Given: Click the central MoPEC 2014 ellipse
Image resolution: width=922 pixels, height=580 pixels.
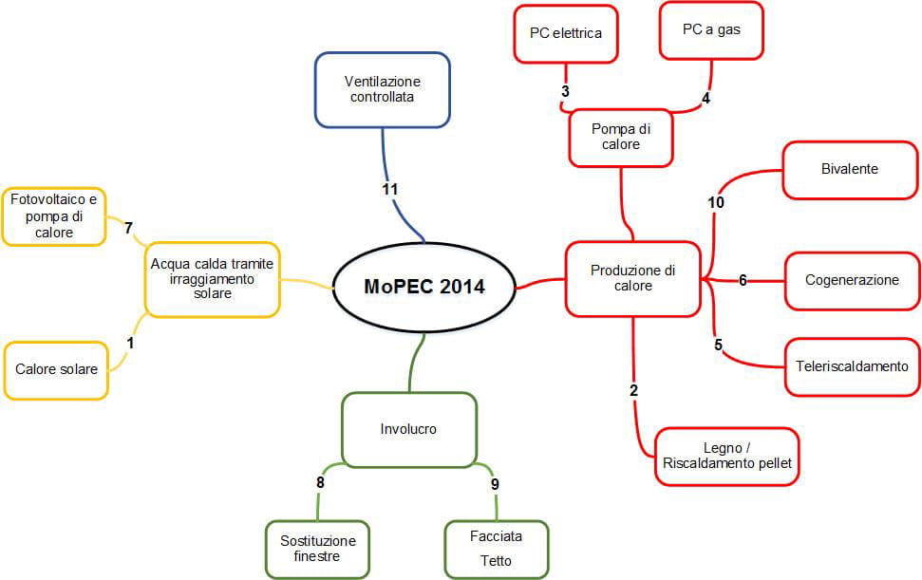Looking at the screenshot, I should (423, 286).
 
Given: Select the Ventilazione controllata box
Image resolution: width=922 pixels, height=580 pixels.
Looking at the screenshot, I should (382, 89).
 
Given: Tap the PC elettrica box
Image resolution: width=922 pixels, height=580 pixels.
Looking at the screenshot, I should (566, 33).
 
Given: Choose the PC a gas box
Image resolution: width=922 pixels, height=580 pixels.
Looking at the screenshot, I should (711, 29).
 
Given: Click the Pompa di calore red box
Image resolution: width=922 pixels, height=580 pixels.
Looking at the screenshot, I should (621, 137).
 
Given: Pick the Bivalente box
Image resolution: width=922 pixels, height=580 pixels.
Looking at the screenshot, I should (849, 170).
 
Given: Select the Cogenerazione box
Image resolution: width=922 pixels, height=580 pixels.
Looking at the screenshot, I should (852, 280).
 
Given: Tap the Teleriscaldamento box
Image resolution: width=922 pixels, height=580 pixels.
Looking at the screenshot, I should (852, 365).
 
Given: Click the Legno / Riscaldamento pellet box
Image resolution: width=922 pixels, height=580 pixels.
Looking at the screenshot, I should (726, 457).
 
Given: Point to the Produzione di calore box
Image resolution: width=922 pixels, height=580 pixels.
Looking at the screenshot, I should (632, 278).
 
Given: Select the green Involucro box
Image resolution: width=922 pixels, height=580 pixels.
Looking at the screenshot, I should (408, 429).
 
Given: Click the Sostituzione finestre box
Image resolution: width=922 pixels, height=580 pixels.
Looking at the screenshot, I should (317, 549).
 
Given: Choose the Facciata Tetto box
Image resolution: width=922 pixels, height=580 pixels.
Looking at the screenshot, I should (496, 549).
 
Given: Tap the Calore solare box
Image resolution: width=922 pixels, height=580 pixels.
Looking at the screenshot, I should (56, 369).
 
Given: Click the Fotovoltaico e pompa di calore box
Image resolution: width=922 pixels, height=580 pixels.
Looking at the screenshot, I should (54, 216).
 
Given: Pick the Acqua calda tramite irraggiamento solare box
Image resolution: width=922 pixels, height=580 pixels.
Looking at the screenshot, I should (212, 279).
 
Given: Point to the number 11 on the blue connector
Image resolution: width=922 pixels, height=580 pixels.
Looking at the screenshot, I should (390, 189).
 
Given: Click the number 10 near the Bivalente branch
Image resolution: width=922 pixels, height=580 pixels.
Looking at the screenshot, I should (716, 202).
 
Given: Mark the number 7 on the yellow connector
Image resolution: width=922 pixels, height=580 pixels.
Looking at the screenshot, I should (128, 228).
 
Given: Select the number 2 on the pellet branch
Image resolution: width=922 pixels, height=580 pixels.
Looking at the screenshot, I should (633, 390).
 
